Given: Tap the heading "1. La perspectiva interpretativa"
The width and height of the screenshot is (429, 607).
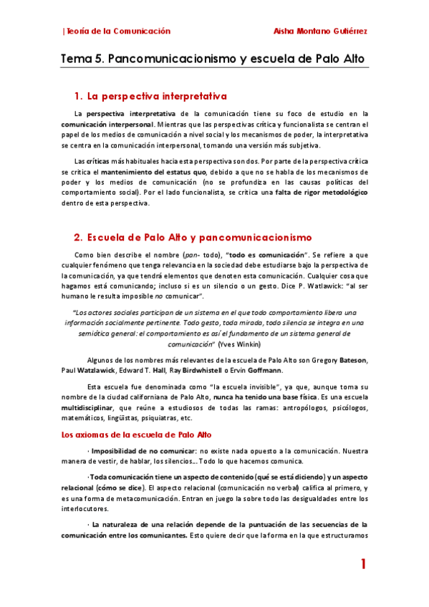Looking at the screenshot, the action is [x=150, y=96].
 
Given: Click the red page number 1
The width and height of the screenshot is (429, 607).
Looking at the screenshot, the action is [x=363, y=565].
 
